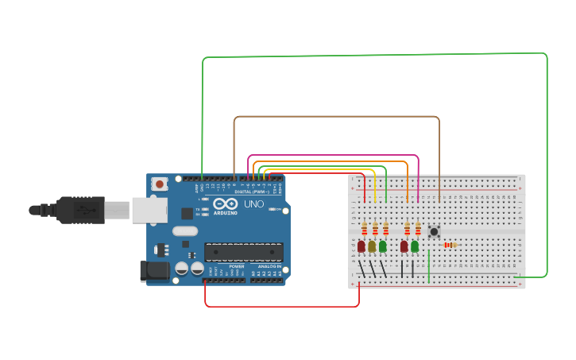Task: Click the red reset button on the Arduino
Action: pos(160,184)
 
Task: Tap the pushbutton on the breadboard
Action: pos(434,232)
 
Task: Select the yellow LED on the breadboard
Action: pos(372,246)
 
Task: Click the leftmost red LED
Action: pos(361,246)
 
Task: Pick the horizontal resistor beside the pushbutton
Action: pos(450,245)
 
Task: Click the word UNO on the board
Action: pos(253,204)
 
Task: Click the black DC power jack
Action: pos(154,271)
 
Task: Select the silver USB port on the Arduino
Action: pos(149,210)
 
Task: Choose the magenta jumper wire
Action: pos(334,155)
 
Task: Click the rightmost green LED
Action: pos(415,246)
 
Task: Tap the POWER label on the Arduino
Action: pos(236,267)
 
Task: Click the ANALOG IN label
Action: pos(269,267)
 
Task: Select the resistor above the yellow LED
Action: pos(375,229)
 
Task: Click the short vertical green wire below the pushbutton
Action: pos(429,265)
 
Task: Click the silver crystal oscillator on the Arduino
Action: pos(184,231)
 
